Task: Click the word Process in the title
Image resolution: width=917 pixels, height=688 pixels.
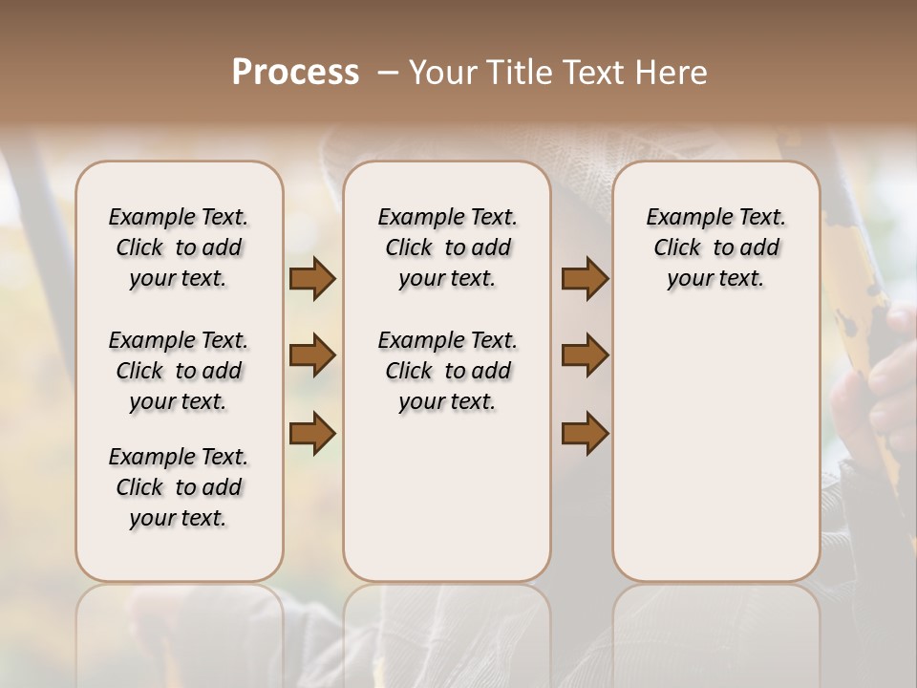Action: [x=295, y=73]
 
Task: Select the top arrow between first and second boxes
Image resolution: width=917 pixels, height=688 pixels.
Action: [x=312, y=279]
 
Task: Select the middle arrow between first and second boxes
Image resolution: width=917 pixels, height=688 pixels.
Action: [x=312, y=355]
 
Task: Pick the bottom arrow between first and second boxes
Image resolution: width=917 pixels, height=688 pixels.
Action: [x=312, y=433]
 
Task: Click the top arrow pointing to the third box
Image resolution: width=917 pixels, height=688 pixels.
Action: [x=585, y=279]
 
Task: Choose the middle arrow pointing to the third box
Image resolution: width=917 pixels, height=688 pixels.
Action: [x=585, y=355]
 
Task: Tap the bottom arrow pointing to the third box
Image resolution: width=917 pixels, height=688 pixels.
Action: [x=585, y=433]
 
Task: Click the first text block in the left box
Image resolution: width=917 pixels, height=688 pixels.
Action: [x=179, y=247]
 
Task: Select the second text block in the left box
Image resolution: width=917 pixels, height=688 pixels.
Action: [x=179, y=371]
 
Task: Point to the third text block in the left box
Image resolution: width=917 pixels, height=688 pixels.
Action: [x=179, y=487]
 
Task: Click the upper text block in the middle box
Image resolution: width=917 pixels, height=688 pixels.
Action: [x=447, y=247]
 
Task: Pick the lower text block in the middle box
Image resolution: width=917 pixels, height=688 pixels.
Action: [x=447, y=371]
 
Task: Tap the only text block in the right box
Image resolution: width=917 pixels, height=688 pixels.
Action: [x=715, y=247]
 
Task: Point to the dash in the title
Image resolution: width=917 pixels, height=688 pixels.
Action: [x=389, y=73]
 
